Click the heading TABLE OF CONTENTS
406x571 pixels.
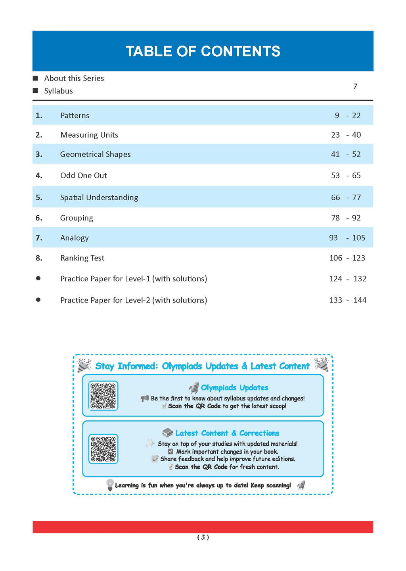(203, 52)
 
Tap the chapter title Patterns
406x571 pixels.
(75, 115)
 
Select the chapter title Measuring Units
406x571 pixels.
(89, 135)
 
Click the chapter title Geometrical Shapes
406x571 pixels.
(95, 154)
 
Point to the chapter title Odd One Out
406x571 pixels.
(84, 175)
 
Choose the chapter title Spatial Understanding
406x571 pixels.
(99, 197)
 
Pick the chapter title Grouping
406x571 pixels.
(77, 218)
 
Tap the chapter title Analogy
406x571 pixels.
(75, 238)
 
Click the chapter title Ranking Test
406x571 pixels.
(82, 258)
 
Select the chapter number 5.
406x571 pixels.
(38, 197)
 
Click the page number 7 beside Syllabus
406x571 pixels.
(355, 86)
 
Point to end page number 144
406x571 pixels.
(360, 300)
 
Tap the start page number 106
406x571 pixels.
(335, 258)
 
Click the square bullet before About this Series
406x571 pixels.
(35, 78)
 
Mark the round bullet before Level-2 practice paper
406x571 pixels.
(38, 300)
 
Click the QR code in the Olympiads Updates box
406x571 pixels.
(103, 395)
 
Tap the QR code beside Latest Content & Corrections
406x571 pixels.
(103, 449)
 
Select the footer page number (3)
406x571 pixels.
(203, 537)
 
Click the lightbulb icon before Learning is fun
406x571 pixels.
(110, 485)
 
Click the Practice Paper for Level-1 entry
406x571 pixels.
(134, 279)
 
